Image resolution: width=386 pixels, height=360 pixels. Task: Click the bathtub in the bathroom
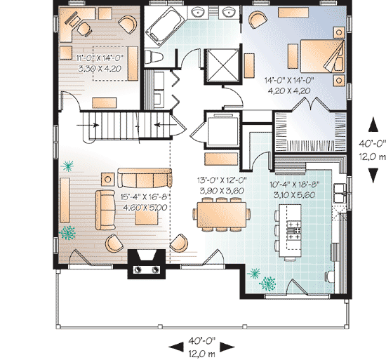(164, 26)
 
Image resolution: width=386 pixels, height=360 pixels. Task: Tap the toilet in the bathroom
(154, 57)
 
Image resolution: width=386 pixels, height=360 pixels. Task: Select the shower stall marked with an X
(222, 65)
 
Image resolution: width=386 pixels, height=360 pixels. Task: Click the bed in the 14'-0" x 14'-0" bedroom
(322, 56)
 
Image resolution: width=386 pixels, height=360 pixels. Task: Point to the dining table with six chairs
(222, 215)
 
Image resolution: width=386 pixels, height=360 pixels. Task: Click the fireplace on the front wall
(147, 264)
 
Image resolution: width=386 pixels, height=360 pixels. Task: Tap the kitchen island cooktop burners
(294, 230)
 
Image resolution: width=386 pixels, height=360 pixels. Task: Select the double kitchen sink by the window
(340, 193)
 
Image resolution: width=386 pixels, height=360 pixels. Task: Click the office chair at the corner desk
(84, 29)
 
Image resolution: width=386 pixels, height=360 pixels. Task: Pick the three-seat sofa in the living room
(145, 178)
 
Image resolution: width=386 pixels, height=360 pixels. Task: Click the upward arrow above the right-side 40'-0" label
(373, 124)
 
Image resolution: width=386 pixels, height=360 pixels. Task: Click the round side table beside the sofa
(108, 180)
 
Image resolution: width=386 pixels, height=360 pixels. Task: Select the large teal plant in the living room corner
(67, 232)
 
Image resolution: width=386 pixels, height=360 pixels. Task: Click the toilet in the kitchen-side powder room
(331, 276)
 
